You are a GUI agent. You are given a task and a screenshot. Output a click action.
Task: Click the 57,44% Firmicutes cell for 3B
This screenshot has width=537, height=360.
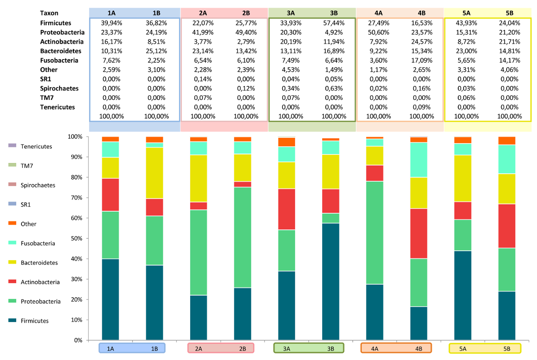click(x=333, y=23)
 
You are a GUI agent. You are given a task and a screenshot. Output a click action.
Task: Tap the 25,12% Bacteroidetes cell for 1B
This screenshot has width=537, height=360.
click(x=157, y=51)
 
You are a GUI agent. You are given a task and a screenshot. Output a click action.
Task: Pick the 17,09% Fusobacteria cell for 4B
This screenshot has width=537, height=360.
click(x=421, y=60)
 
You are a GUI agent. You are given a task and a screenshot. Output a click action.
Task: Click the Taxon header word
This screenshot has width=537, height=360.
click(x=49, y=13)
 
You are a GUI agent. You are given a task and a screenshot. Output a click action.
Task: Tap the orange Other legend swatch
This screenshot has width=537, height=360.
click(x=12, y=223)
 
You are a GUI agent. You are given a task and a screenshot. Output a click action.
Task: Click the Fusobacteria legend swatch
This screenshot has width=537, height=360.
click(x=12, y=243)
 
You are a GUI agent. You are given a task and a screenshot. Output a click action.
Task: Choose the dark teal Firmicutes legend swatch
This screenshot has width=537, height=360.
click(x=12, y=321)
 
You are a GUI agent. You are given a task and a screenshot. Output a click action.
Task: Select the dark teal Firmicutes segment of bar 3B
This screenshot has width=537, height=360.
click(x=331, y=282)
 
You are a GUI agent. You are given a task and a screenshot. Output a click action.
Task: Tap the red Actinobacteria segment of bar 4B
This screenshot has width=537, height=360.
click(x=418, y=234)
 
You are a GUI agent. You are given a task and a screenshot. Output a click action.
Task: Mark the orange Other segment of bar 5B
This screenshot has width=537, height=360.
click(x=507, y=141)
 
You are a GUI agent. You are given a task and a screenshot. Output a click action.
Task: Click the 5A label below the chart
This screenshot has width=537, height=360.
click(x=463, y=349)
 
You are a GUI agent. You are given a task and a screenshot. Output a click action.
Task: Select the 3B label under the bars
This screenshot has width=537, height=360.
click(x=331, y=349)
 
